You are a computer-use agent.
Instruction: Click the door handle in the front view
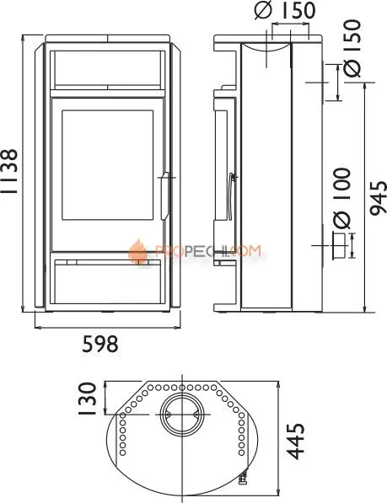pyautogui.click(x=164, y=195)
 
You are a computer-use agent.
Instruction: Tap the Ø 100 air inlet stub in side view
pyautogui.click(x=336, y=246)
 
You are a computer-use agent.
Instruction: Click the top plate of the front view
pyautogui.click(x=106, y=39)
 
